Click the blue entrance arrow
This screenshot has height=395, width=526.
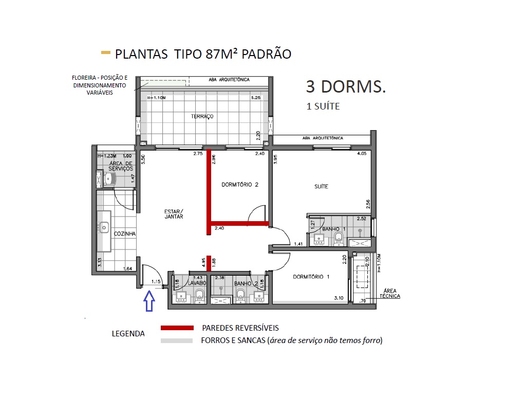[148, 301]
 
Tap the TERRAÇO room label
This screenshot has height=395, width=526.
[202, 117]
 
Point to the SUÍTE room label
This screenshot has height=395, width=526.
[322, 187]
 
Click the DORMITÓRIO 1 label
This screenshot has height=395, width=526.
[311, 277]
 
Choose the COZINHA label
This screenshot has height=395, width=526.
[124, 234]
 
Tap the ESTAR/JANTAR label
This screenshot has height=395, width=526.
[174, 214]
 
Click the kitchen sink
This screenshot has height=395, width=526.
[105, 227]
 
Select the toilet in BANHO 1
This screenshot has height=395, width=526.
[339, 238]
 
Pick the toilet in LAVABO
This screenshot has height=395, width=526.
[199, 295]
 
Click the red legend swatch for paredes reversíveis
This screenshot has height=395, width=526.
[177, 328]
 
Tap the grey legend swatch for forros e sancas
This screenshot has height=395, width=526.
[177, 340]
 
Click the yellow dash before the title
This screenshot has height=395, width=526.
[106, 52]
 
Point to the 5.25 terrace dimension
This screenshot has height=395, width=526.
[256, 98]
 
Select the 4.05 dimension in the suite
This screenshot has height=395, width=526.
[362, 153]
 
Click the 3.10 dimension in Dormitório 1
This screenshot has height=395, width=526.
[339, 298]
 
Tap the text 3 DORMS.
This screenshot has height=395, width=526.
[345, 86]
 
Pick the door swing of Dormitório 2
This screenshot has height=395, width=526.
[257, 213]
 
